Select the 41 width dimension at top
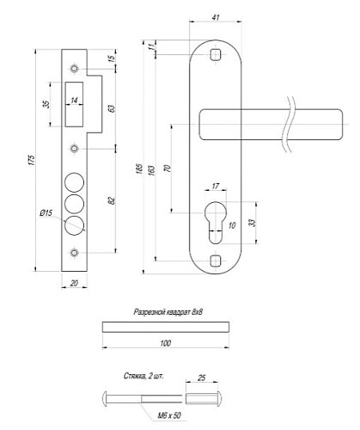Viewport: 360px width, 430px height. tap(214, 17)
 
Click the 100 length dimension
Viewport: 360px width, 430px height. tap(165, 344)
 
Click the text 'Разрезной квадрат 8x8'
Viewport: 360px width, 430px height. tap(167, 315)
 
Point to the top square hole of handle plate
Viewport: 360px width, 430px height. tap(215, 56)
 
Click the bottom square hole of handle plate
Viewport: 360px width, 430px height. tap(215, 259)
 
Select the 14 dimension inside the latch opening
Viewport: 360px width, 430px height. tap(76, 101)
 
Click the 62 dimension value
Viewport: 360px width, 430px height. tap(113, 200)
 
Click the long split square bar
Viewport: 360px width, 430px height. tap(166, 327)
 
